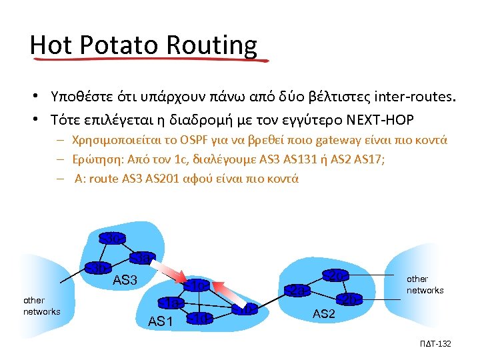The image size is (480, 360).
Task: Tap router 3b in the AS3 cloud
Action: tap(99, 268)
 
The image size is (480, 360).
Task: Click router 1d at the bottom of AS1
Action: tap(200, 318)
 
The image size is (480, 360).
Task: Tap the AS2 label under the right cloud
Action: tap(323, 314)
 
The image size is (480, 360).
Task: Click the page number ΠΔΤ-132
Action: tap(437, 343)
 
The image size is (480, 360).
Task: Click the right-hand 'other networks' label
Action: tap(425, 285)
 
